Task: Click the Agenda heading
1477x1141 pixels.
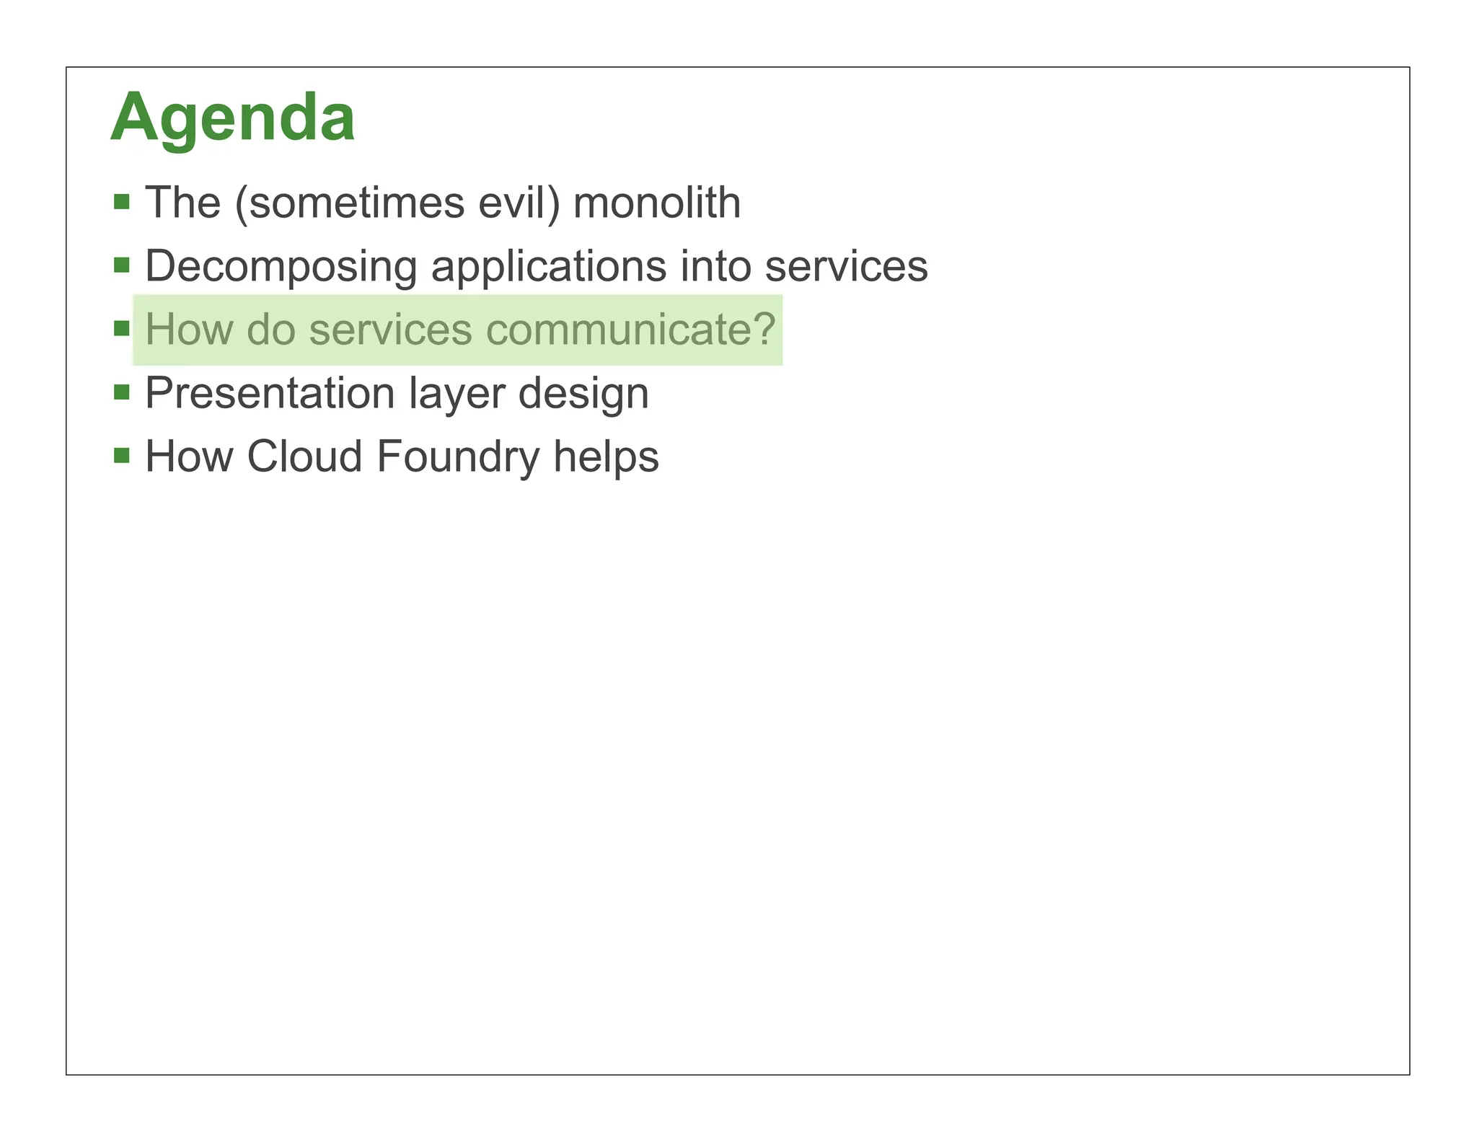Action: [232, 118]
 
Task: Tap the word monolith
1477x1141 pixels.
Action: [656, 203]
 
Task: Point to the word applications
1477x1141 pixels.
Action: [548, 266]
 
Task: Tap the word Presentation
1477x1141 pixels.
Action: [270, 393]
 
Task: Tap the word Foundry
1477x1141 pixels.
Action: [457, 458]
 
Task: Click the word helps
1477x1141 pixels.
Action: [606, 457]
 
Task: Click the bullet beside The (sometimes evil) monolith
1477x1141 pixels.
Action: [122, 201]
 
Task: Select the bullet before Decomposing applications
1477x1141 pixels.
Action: [122, 265]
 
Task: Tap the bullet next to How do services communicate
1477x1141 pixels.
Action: [122, 329]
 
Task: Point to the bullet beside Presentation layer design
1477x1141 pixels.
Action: [122, 392]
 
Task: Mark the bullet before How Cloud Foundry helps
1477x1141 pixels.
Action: [122, 456]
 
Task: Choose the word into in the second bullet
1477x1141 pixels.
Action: [715, 266]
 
